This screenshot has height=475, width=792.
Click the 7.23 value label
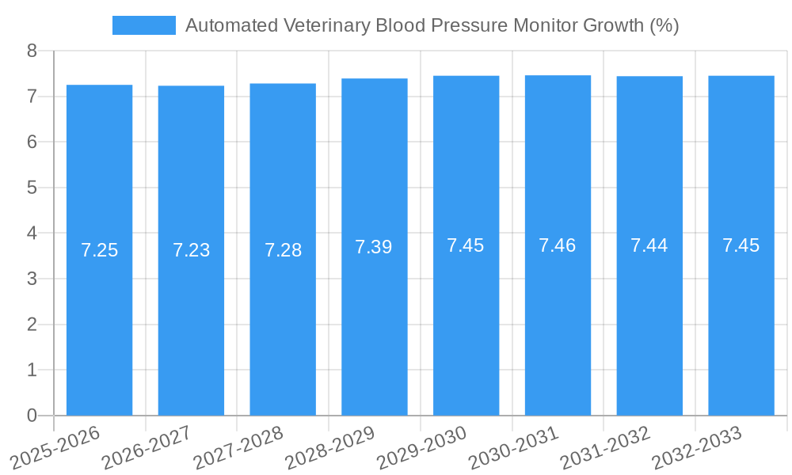click(x=191, y=250)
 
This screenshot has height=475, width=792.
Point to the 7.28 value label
click(x=283, y=250)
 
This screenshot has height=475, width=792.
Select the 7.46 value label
click(x=558, y=245)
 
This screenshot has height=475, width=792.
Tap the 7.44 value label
click(x=649, y=245)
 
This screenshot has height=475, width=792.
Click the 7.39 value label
click(x=374, y=247)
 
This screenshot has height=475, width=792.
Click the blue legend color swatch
click(x=144, y=25)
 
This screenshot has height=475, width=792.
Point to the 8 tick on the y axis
click(x=32, y=51)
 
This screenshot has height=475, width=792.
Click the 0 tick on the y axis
click(x=32, y=416)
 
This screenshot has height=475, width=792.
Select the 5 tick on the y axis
click(x=32, y=188)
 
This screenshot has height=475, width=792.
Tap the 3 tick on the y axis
click(x=32, y=279)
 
